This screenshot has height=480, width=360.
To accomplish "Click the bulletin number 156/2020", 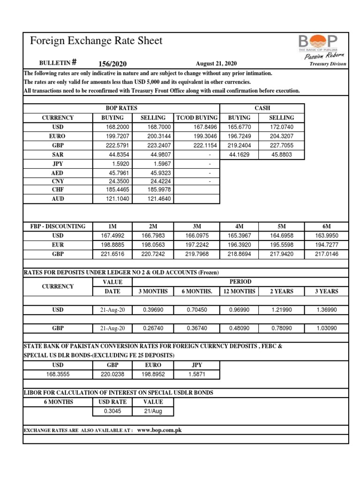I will point(112,64).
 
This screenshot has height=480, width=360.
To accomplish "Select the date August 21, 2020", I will point(216,64).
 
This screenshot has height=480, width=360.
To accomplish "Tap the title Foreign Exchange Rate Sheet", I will point(96,41).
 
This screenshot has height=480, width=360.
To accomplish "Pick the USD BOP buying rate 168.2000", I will point(119,127).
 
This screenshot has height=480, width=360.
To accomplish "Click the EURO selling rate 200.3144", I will point(154,136).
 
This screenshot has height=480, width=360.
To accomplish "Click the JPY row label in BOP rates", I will point(57,164).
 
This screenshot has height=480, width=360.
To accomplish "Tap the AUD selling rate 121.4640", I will point(154,199).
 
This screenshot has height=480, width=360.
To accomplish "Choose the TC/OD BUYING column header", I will point(196,118).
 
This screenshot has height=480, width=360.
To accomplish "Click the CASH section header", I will point(262,108).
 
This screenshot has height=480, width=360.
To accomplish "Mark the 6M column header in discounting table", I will point(326,226).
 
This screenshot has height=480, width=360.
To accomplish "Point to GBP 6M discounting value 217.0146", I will point(326,254).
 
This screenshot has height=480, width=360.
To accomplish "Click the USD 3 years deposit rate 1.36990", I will point(326,310).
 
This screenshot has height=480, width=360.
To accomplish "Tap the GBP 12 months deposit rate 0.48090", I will point(240,329).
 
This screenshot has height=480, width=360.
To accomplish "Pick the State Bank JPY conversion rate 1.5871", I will point(196,374).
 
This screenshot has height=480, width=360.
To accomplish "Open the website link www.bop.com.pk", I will point(159,430).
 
